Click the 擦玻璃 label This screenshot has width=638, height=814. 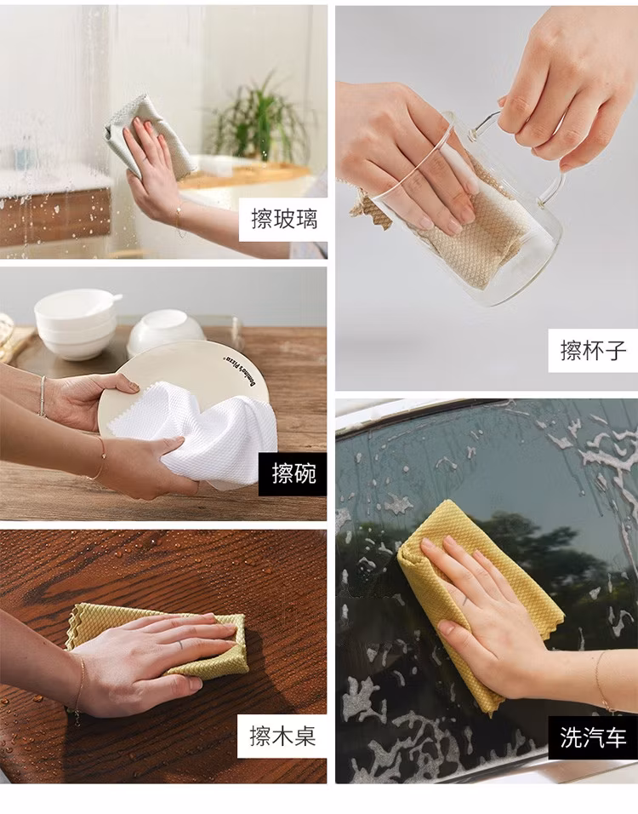coord(283,219)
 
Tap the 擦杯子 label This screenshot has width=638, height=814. coord(593,351)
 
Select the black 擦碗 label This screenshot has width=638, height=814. coord(293,473)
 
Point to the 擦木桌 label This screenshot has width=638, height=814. coord(282,737)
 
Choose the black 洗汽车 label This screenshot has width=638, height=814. coord(593,737)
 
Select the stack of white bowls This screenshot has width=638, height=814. coord(76,323)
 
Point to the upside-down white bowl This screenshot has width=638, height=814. coord(165,330)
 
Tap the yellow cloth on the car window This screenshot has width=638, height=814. coord(480,602)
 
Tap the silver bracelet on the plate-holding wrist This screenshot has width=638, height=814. coord(43,396)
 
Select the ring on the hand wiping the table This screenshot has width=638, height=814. coord(179,645)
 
